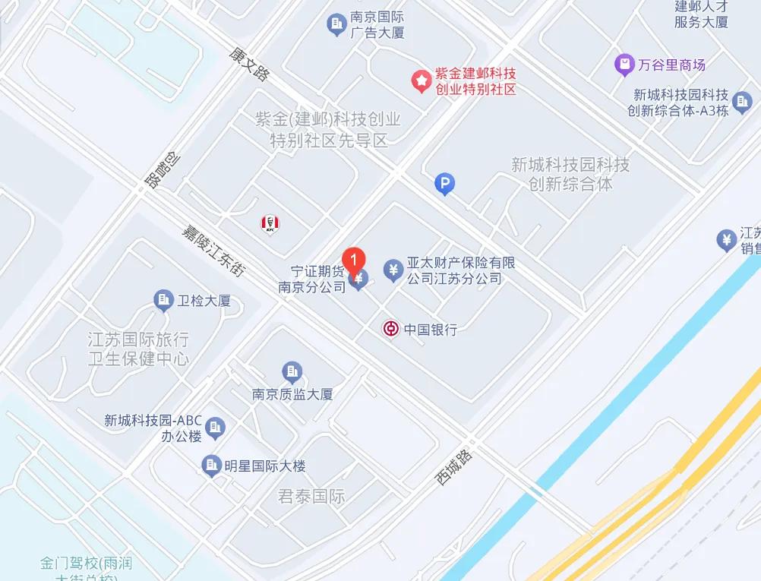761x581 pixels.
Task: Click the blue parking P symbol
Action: coord(444,183)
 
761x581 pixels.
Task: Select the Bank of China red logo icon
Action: coord(390,329)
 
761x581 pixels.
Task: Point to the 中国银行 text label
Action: coord(431,330)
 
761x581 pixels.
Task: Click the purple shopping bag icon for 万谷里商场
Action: coord(624,65)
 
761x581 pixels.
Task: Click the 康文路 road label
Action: coord(249,62)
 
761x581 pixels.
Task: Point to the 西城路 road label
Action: coord(453,466)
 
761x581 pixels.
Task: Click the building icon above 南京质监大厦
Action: coord(292,372)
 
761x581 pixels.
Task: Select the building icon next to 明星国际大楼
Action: coord(211,466)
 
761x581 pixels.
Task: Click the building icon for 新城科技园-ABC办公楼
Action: coord(216,428)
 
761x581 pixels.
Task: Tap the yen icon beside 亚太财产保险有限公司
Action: coord(393,270)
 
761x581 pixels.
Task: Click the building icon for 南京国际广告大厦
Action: coord(336,25)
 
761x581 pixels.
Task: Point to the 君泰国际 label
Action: coord(312,497)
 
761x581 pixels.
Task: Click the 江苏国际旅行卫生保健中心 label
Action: coord(138,349)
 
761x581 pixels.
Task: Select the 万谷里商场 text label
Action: coord(673,65)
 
